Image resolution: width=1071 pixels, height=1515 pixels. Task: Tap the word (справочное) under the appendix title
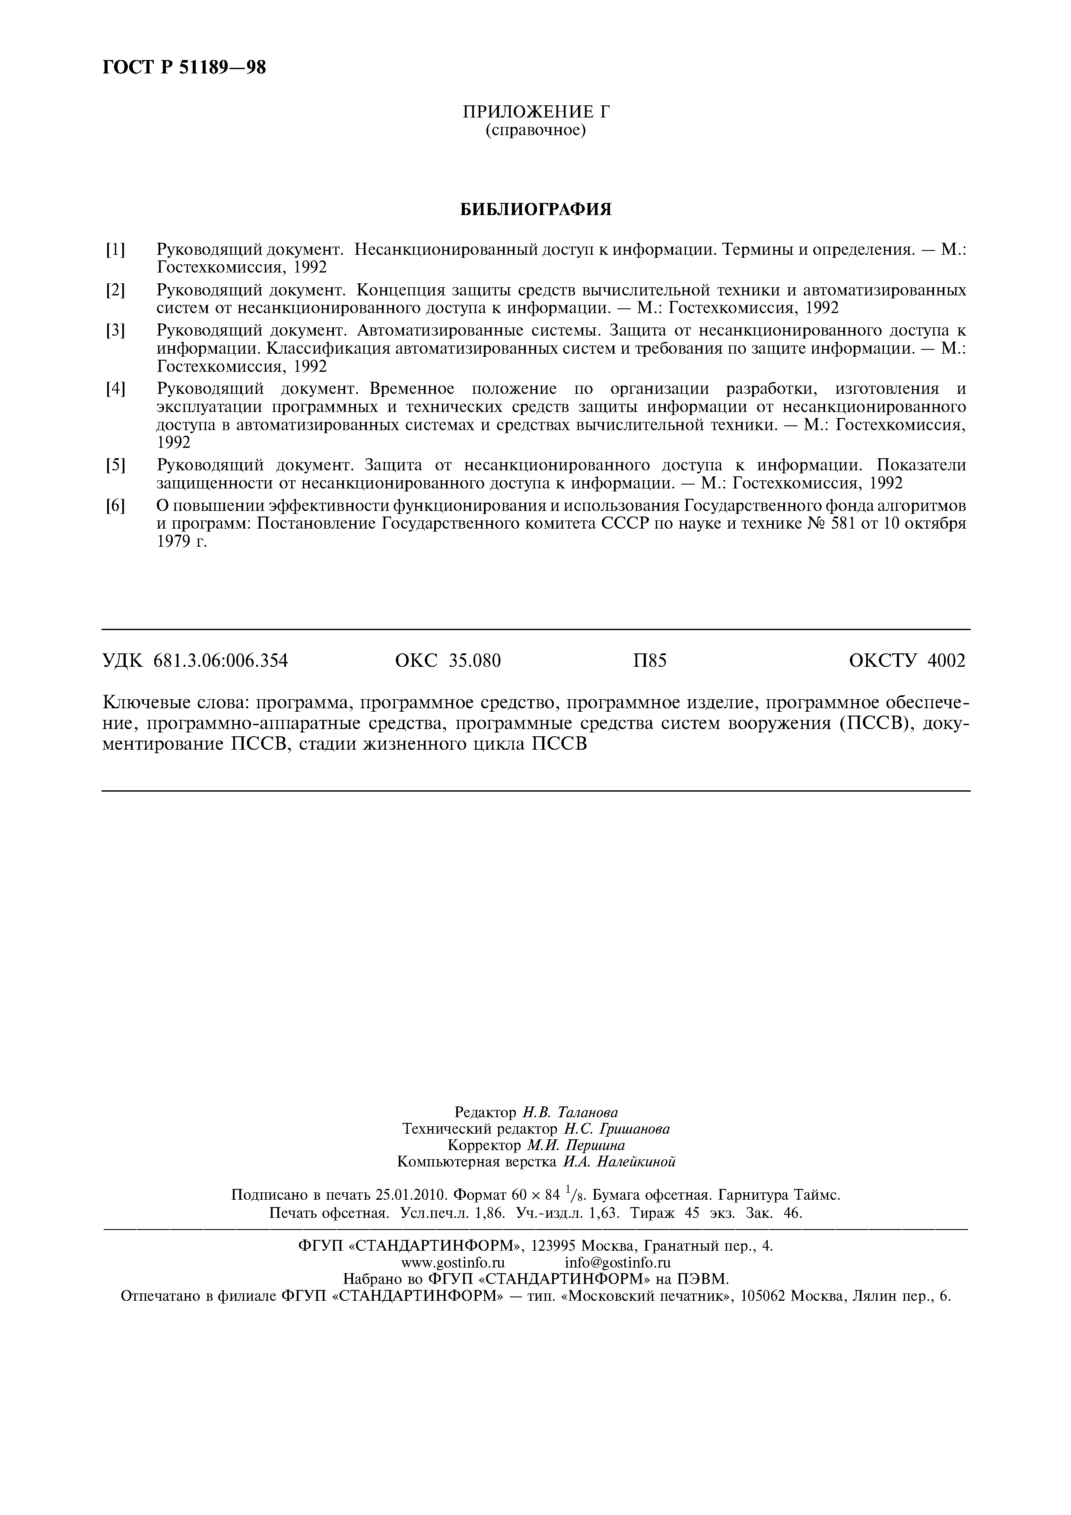point(536,131)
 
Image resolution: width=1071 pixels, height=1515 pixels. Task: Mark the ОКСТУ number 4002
point(946,660)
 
